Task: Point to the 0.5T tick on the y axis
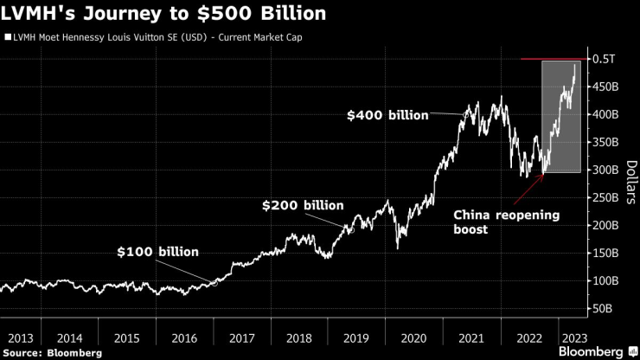(x=603, y=59)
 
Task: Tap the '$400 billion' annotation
(x=387, y=114)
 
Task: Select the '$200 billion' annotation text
(x=303, y=206)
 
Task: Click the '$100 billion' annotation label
(x=158, y=252)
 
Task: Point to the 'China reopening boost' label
(x=496, y=222)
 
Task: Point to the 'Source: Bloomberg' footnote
(x=52, y=352)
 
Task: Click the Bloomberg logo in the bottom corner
(x=598, y=352)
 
